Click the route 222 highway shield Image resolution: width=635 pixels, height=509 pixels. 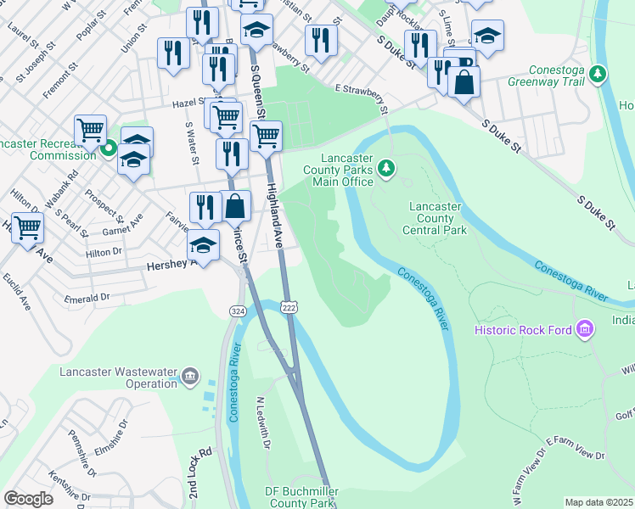[x=289, y=306]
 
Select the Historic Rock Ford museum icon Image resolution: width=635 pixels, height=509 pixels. [x=584, y=328]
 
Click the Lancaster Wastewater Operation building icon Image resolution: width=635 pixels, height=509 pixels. [x=189, y=375]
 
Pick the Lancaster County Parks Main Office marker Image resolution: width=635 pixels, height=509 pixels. [x=387, y=169]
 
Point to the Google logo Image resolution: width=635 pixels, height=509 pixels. [x=28, y=499]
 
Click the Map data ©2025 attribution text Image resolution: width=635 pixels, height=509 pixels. [x=598, y=502]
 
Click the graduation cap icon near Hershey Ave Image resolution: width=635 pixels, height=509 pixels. [x=203, y=246]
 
